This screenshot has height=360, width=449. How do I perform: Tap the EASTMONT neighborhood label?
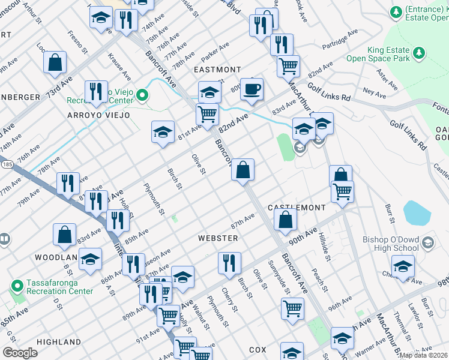(217, 70)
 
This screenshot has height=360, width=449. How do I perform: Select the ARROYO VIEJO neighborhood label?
(98, 115)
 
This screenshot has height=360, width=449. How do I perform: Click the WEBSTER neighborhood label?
(218, 238)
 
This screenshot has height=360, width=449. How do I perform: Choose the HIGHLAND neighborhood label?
(59, 342)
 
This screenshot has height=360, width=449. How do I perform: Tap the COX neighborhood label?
(258, 349)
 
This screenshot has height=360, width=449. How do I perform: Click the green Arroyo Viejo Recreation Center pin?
(143, 95)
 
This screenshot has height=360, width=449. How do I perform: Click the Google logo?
(20, 353)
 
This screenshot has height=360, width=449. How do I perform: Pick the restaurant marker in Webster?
(229, 262)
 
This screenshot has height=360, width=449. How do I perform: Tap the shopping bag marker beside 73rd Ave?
(55, 62)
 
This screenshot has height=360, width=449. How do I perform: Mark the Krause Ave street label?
(119, 67)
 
